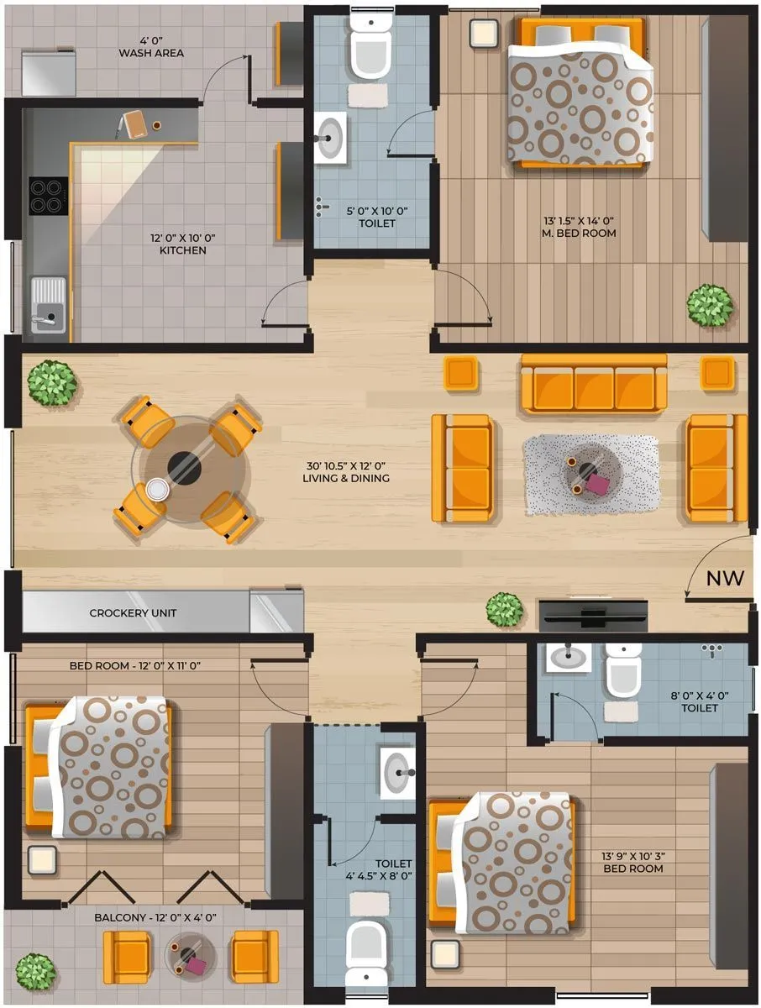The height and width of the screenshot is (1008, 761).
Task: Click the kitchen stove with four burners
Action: [x=45, y=195]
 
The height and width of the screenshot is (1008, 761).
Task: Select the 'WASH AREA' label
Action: [x=151, y=47]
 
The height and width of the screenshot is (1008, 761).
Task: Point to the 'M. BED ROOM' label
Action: [x=580, y=227]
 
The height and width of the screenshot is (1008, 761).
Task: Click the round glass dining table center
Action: [x=185, y=468]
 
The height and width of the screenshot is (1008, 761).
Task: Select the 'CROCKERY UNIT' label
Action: [x=133, y=613]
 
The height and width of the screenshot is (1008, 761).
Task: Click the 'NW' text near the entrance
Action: [x=723, y=578]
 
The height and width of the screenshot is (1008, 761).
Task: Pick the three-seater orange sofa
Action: [x=594, y=385]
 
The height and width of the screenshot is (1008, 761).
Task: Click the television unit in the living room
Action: [x=592, y=615]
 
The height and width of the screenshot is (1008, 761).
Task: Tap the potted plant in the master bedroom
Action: [x=710, y=304]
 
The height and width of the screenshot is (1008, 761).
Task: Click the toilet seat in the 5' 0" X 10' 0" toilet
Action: [x=369, y=50]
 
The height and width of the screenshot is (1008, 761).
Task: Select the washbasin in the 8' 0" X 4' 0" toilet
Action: [x=569, y=657]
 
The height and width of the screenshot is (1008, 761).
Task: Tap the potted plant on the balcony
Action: [x=35, y=971]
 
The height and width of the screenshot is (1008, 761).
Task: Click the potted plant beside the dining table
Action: [x=52, y=383]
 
